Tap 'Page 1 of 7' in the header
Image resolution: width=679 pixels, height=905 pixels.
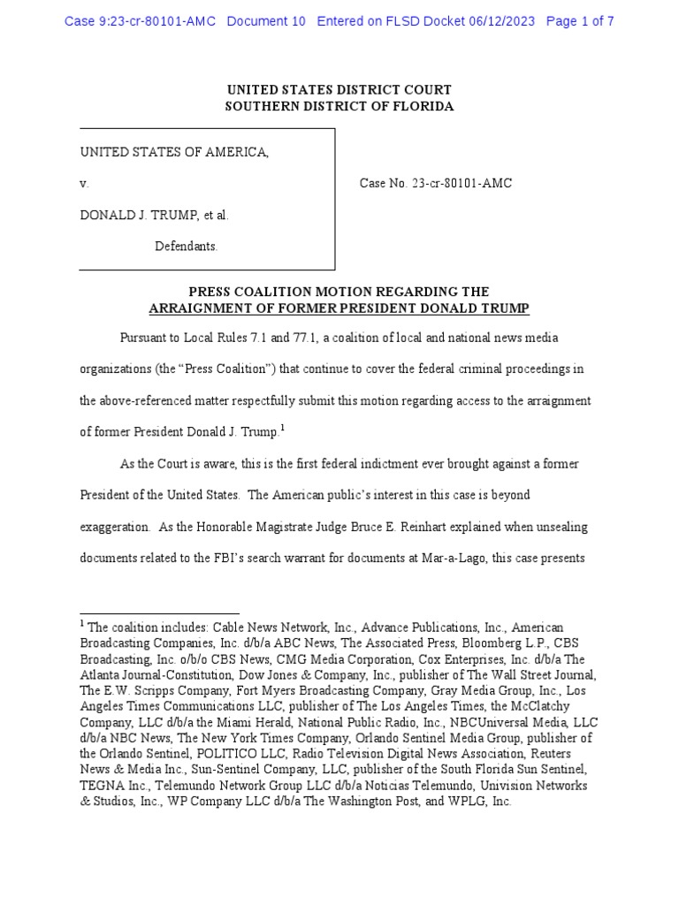tap(580, 21)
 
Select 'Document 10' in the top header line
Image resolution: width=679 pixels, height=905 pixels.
tap(265, 21)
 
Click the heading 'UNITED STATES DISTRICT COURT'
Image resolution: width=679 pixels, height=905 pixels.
tap(339, 90)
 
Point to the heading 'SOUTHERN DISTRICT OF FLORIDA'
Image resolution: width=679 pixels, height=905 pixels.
tap(339, 106)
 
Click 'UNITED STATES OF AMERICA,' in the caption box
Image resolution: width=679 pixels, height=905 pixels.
tap(174, 152)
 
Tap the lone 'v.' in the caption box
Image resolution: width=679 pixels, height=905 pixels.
tap(84, 184)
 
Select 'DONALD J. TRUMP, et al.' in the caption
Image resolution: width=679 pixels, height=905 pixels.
tap(154, 215)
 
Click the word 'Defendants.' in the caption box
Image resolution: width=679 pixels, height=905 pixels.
tap(187, 246)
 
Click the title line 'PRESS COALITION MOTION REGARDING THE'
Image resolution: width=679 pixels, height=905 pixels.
tap(339, 292)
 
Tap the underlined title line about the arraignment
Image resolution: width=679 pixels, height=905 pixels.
tap(339, 308)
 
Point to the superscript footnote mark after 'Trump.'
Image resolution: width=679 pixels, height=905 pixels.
tap(282, 428)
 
